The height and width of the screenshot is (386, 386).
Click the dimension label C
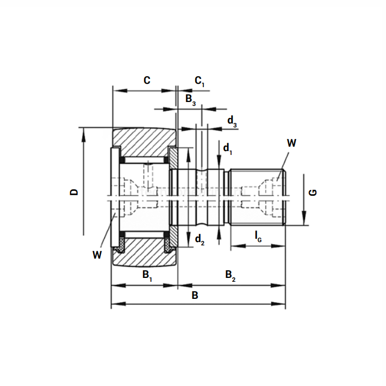click(x=147, y=80)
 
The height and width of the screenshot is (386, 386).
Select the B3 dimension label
click(x=190, y=100)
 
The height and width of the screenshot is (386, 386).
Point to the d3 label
click(x=233, y=121)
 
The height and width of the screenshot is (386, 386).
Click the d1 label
click(x=228, y=148)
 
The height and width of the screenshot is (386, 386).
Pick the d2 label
click(x=200, y=239)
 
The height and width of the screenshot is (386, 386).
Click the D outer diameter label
click(x=74, y=192)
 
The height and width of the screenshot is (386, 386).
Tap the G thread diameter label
click(x=313, y=192)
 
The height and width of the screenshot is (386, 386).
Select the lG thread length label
click(x=258, y=236)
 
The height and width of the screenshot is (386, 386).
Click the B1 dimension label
click(x=147, y=275)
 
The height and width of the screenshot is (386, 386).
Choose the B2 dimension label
click(x=230, y=275)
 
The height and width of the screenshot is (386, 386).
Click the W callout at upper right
click(x=292, y=143)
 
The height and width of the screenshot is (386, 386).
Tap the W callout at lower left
click(x=98, y=254)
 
